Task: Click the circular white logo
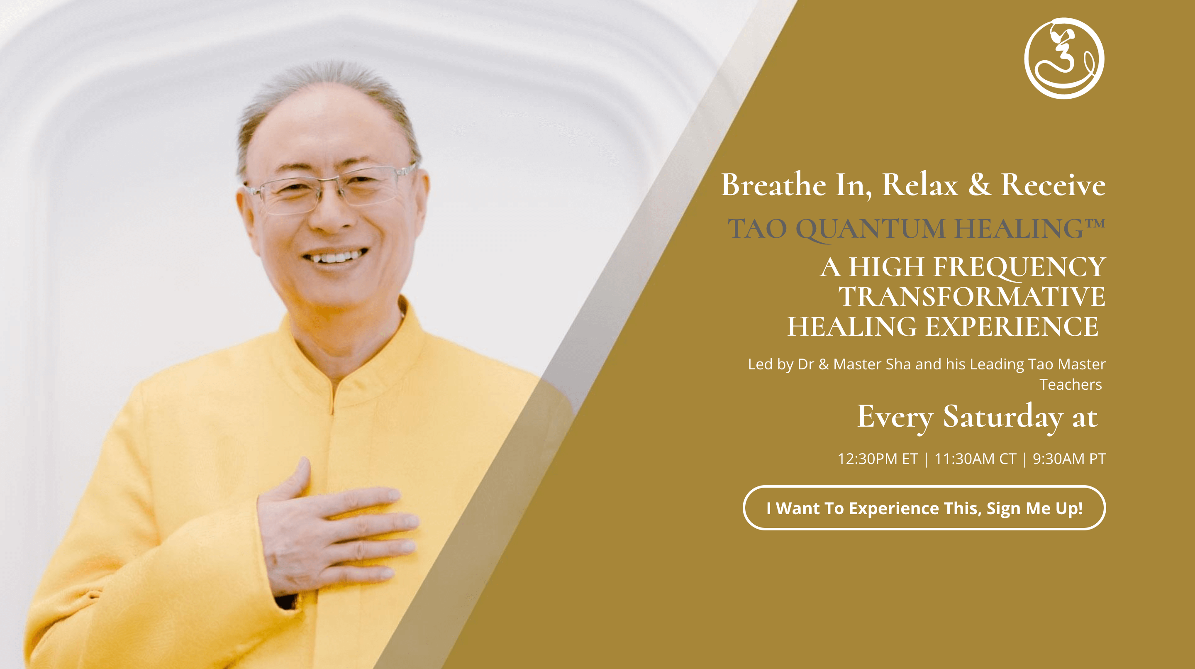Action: (x=1064, y=59)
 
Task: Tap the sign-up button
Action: (x=924, y=508)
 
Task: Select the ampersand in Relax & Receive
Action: (x=979, y=184)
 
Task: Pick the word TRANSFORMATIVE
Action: (x=971, y=297)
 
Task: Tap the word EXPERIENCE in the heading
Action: (x=1012, y=327)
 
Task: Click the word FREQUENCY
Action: (x=1019, y=267)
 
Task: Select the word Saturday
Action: (x=1002, y=417)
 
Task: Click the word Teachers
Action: (x=1070, y=385)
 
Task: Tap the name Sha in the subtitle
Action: (x=898, y=364)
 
